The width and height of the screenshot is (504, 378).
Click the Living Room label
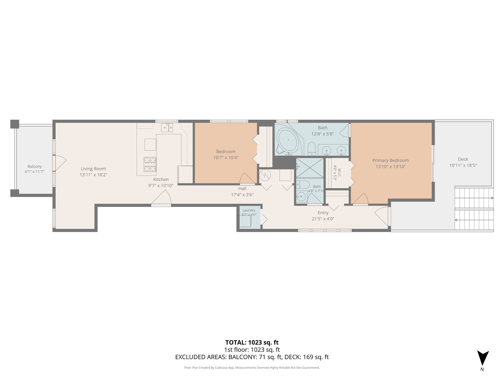pyautogui.click(x=93, y=169)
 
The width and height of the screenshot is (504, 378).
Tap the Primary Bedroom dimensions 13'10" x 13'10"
pyautogui.click(x=390, y=166)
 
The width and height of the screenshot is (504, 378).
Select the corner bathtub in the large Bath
pyautogui.click(x=289, y=141)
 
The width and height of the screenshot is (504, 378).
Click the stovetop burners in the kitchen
pyautogui.click(x=150, y=164)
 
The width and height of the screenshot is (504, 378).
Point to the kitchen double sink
pyautogui.click(x=167, y=128)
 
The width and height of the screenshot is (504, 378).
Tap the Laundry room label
pyautogui.click(x=249, y=210)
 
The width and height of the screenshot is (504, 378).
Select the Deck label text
pyautogui.click(x=463, y=159)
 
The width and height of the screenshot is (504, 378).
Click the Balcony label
pyautogui.click(x=35, y=166)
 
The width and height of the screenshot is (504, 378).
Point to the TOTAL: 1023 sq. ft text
pyautogui.click(x=252, y=342)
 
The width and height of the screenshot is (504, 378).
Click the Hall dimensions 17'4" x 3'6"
pyautogui.click(x=242, y=195)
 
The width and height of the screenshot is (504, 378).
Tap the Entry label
pyautogui.click(x=323, y=213)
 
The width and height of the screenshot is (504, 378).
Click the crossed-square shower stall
pyautogui.click(x=310, y=168)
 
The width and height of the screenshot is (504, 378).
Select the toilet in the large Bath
pyautogui.click(x=311, y=148)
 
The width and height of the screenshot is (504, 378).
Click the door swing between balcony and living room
pyautogui.click(x=60, y=163)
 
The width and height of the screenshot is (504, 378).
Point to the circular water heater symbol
pyautogui.click(x=265, y=176)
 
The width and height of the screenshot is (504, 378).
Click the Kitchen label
pyautogui.click(x=161, y=180)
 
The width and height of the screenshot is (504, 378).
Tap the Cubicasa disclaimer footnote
pyautogui.click(x=252, y=367)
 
